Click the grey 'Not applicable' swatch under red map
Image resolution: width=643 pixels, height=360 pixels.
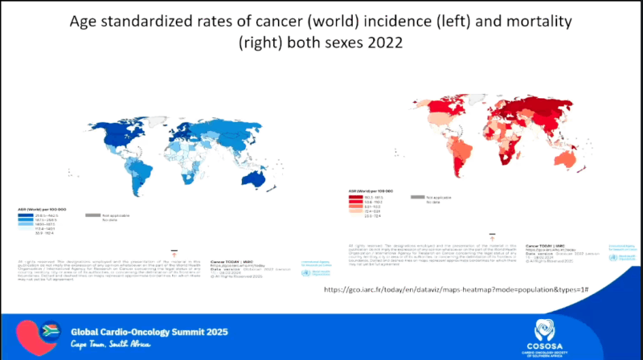(418, 196)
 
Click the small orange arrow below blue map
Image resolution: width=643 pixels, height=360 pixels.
(174, 251)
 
